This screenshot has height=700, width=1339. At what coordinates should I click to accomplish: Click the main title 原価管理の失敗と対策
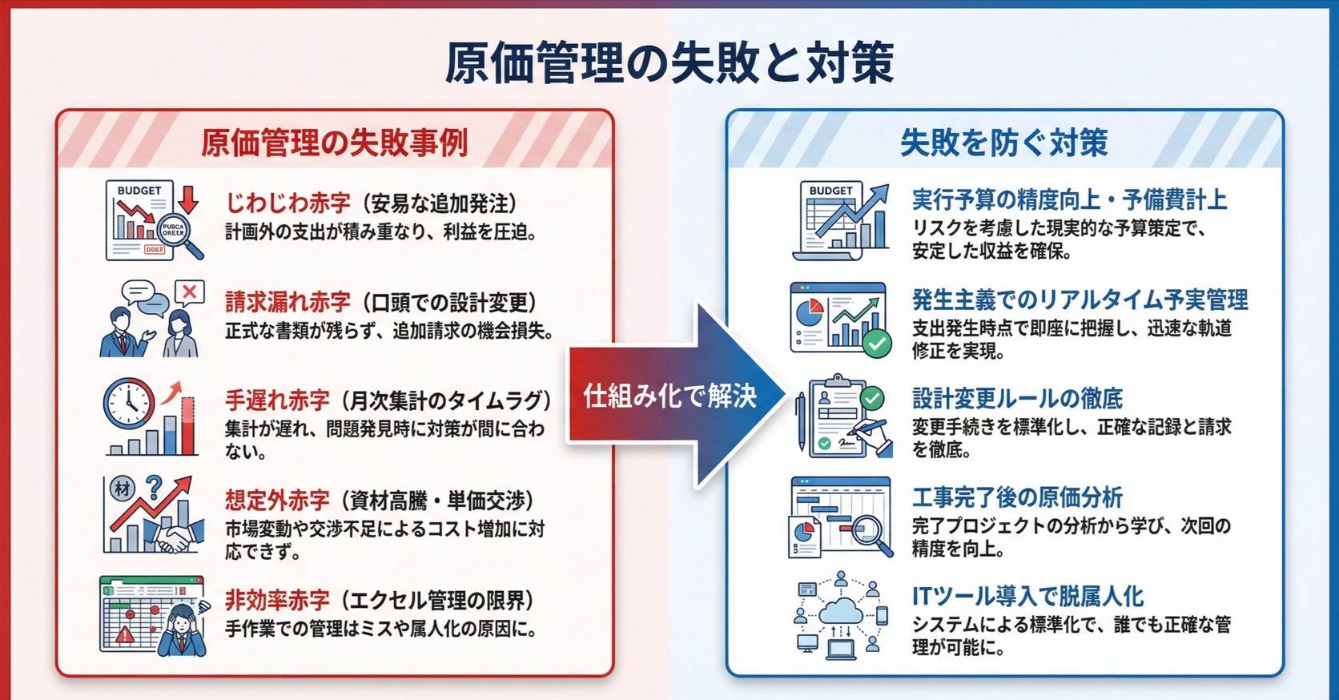point(669,62)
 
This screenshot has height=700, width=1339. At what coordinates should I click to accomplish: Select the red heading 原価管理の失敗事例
point(334,143)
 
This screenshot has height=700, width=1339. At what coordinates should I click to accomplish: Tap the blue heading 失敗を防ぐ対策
point(1003,143)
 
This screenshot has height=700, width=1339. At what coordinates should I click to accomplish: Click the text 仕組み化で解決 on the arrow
point(669,396)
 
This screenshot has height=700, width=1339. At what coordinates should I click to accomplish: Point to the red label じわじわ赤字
point(288,203)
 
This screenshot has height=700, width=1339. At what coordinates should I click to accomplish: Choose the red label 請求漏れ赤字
point(288,302)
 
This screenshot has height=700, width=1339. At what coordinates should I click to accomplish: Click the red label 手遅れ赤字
point(277,400)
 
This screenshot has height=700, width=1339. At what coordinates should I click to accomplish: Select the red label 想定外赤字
point(277,501)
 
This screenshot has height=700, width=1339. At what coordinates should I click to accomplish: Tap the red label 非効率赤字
point(277,600)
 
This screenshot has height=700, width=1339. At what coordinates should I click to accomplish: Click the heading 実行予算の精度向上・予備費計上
point(1069,199)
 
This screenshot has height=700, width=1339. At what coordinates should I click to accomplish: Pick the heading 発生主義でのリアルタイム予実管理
point(1080,300)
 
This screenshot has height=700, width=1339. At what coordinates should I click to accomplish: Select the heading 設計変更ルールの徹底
point(1017,398)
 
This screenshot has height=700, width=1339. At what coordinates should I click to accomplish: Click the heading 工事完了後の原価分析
point(1017,497)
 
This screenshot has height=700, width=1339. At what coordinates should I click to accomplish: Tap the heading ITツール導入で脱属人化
point(1027,596)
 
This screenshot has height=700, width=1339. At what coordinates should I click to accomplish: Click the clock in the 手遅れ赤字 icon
point(128,403)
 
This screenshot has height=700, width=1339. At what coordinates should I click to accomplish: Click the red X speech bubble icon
point(190,293)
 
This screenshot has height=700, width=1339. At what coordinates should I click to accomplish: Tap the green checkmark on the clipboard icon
point(871,398)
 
